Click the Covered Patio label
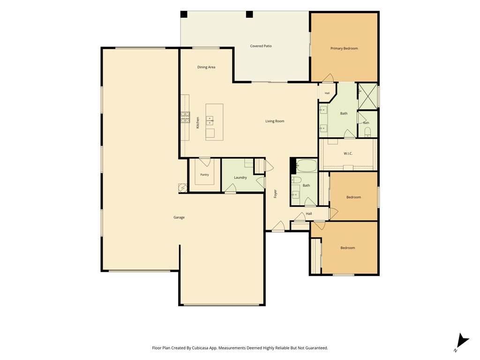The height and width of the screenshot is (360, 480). [x=261, y=46]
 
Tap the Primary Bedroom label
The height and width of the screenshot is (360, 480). [x=344, y=48]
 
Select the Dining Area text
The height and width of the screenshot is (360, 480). [x=206, y=67]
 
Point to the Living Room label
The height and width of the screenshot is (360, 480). [x=275, y=121]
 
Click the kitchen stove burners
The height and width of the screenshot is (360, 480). [x=185, y=117]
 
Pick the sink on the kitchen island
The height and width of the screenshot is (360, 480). [x=210, y=120]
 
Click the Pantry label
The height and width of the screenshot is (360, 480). [x=204, y=175]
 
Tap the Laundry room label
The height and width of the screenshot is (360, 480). [x=240, y=178]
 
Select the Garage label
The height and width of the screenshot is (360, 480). [x=179, y=217]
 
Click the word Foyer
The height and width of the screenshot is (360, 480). [x=275, y=194]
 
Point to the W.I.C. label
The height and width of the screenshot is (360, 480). [x=348, y=153]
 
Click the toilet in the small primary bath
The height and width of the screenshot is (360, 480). [x=367, y=132]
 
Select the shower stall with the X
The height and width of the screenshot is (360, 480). [x=367, y=96]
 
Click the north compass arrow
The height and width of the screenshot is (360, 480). [x=463, y=341]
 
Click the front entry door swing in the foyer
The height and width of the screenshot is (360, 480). [x=278, y=226]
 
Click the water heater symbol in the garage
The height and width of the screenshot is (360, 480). [x=183, y=187]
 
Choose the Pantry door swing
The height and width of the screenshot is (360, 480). [x=204, y=162]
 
